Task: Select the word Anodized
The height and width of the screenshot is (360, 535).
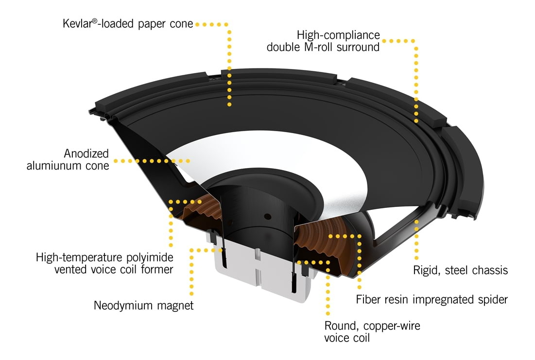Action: (87, 154)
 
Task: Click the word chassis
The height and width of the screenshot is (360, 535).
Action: (490, 270)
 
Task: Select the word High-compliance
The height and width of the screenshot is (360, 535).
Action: (338, 35)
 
